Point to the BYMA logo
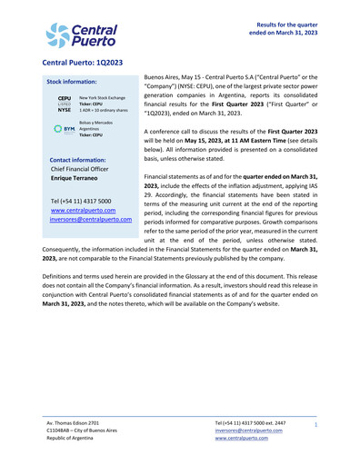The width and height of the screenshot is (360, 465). (x=64, y=129)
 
